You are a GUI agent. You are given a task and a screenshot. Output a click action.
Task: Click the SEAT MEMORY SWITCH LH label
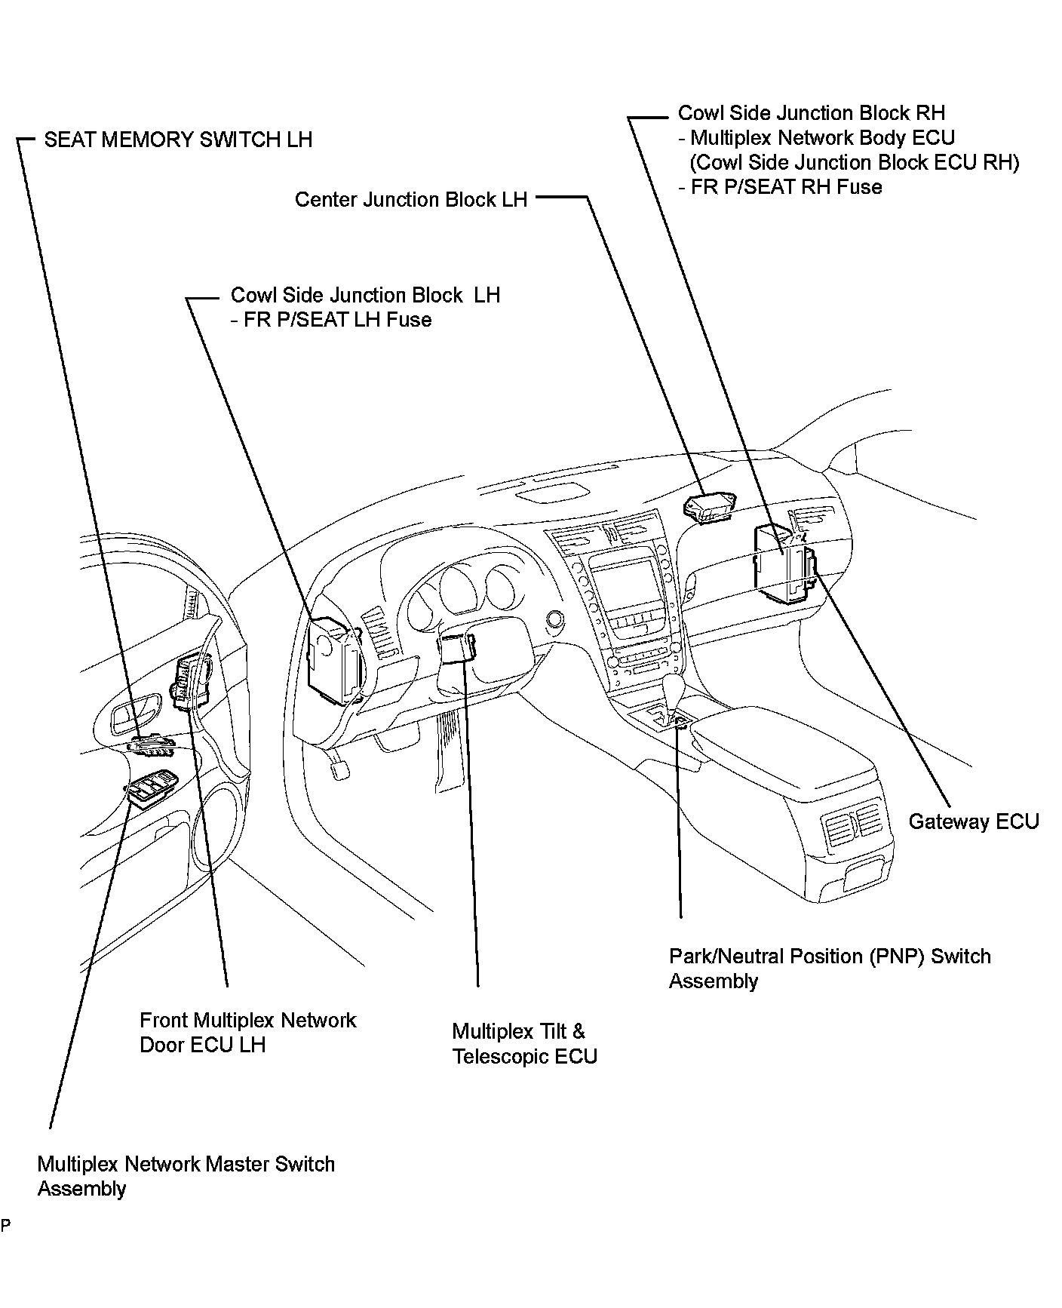point(178,140)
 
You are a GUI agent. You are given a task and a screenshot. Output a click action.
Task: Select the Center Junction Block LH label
point(410,200)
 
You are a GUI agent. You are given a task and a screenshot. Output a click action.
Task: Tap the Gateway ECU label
point(973,821)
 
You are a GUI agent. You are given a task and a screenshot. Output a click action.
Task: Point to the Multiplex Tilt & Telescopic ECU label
point(525,1044)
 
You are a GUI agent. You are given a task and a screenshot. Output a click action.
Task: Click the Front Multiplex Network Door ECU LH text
point(247,1033)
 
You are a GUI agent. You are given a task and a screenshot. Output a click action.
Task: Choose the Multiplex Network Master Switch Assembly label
point(186,1176)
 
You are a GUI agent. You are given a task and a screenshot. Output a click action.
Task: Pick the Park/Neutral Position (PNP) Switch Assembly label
point(829,969)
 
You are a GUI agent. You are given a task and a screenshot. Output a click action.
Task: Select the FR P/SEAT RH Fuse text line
point(785,187)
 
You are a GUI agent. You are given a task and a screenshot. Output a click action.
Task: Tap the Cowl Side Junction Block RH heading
point(811,113)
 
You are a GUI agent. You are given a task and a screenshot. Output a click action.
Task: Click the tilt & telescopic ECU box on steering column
point(457,647)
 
